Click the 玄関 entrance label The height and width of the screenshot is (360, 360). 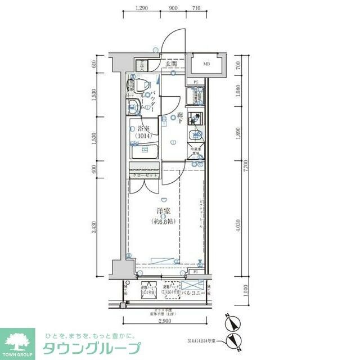click(x=171, y=64)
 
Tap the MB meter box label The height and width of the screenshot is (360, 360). click(x=206, y=64)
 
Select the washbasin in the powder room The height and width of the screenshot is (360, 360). click(x=137, y=106)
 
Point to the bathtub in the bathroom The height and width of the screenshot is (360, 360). click(x=144, y=151)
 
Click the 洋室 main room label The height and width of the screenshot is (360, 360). click(x=163, y=212)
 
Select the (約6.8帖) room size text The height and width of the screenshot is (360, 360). click(x=163, y=221)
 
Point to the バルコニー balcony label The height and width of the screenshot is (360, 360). click(x=193, y=293)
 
